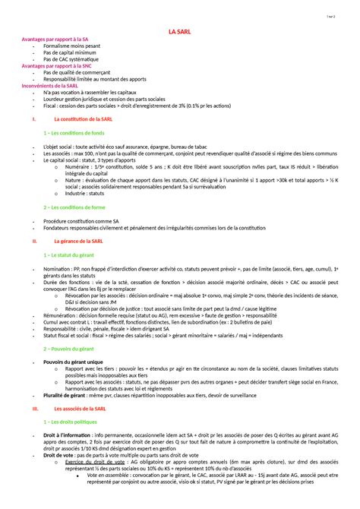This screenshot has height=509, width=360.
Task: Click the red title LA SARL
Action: click(180, 31)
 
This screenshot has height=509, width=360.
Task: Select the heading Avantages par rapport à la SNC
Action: click(56, 65)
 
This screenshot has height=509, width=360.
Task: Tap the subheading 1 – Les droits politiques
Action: click(75, 422)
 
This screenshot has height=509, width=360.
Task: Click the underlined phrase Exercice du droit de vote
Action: click(96, 463)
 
